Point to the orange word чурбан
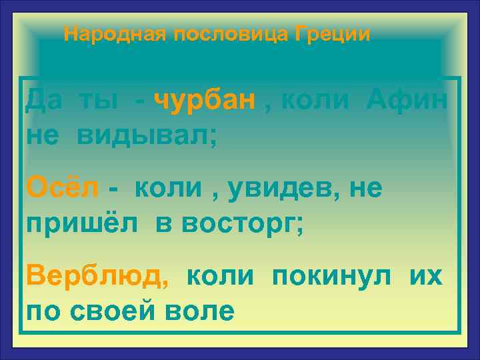[205, 101]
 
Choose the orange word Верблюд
[97, 276]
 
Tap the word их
[425, 276]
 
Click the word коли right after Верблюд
[219, 276]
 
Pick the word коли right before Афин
[315, 101]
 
